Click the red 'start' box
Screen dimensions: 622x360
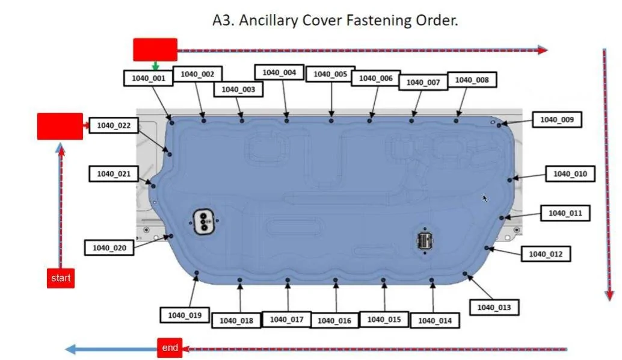[61, 278]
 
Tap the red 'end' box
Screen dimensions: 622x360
[170, 348]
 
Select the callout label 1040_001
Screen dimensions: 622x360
[149, 78]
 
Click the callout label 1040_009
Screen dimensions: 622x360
[557, 119]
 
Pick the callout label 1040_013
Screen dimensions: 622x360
[494, 307]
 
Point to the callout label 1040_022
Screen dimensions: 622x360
[114, 125]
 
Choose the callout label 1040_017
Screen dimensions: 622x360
[286, 319]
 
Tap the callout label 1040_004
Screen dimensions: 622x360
[279, 72]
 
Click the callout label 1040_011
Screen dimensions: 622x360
[565, 213]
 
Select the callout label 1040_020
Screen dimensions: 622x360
[109, 247]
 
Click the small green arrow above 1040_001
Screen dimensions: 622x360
[155, 66]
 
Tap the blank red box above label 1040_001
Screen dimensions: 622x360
[155, 49]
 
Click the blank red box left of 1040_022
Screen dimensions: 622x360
[60, 126]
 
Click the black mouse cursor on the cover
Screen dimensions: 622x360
[485, 199]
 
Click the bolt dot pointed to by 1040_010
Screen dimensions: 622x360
[510, 180]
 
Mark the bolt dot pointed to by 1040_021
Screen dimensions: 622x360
[153, 186]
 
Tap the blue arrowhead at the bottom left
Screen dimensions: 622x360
[70, 349]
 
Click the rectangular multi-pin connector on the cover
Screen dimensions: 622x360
[425, 241]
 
